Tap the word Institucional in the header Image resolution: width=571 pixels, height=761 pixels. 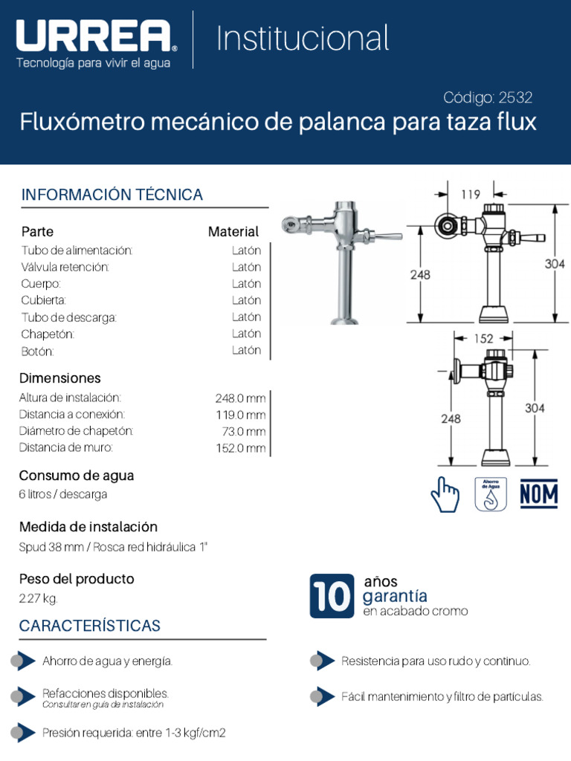(303, 39)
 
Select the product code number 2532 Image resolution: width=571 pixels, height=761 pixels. (516, 97)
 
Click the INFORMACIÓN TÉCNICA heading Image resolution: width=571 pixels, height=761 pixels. (112, 195)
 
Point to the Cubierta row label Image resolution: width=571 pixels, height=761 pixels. (44, 300)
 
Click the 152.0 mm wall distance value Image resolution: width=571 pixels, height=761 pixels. (240, 447)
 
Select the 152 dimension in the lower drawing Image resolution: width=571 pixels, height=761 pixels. (483, 339)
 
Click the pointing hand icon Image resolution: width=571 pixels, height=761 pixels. (445, 494)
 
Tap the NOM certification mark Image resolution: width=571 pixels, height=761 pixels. (539, 493)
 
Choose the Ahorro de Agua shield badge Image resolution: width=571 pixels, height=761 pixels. (491, 494)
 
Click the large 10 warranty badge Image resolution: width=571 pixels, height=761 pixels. (331, 596)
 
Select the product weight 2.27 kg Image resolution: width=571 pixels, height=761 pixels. (38, 598)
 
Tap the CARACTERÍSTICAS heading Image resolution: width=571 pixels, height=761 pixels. (90, 626)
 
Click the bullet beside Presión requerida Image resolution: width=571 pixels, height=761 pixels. (22, 733)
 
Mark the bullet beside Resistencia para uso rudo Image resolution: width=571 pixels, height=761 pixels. (321, 661)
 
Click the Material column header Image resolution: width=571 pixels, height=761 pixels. (233, 232)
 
